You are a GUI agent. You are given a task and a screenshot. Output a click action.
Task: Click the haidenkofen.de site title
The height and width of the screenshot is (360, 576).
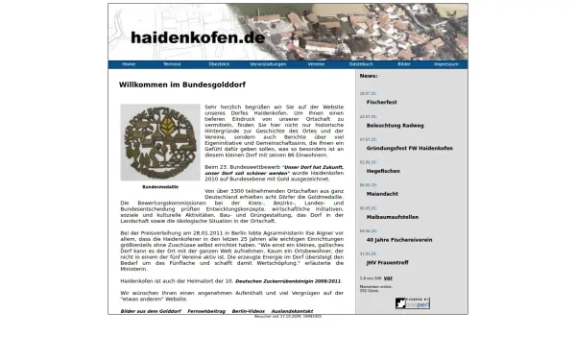pyautogui.click(x=198, y=37)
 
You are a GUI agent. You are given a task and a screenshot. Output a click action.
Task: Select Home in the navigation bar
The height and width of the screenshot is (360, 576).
pyautogui.click(x=129, y=64)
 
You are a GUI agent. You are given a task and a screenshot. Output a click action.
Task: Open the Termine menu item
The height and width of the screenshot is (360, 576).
pyautogui.click(x=172, y=64)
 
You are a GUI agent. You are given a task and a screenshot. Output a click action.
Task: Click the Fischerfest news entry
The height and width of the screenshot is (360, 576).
pyautogui.click(x=382, y=101)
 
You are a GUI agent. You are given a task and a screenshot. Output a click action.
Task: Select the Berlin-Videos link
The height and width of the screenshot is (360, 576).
pyautogui.click(x=249, y=311)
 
